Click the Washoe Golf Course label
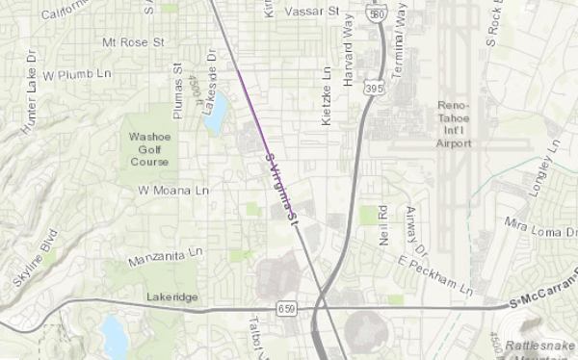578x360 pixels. (149, 149)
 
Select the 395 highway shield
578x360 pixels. (374, 88)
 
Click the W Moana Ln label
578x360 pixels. (173, 191)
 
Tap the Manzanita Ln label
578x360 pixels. (167, 257)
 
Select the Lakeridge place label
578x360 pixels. (172, 297)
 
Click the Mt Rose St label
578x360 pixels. (134, 43)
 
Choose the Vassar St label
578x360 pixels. (316, 13)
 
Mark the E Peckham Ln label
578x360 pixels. (436, 272)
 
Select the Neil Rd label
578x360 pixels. (381, 221)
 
